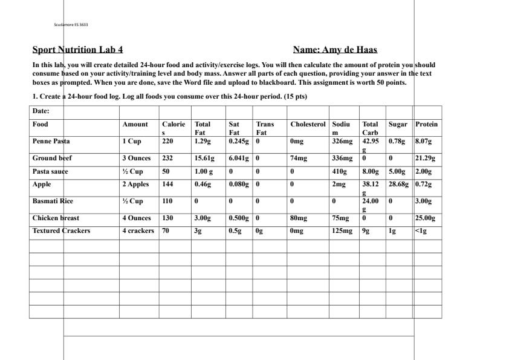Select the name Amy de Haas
click(x=335, y=50)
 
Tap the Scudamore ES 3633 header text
click(x=71, y=25)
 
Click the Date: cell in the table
click(x=41, y=111)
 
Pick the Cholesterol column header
click(x=308, y=124)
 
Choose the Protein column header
click(x=427, y=124)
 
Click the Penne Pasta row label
click(x=51, y=141)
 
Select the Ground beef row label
click(x=52, y=159)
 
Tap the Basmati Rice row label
click(x=53, y=201)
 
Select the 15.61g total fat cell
click(x=204, y=159)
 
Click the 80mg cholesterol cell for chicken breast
click(x=299, y=218)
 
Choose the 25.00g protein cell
click(x=425, y=218)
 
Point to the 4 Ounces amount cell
click(x=136, y=218)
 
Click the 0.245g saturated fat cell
click(x=239, y=141)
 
